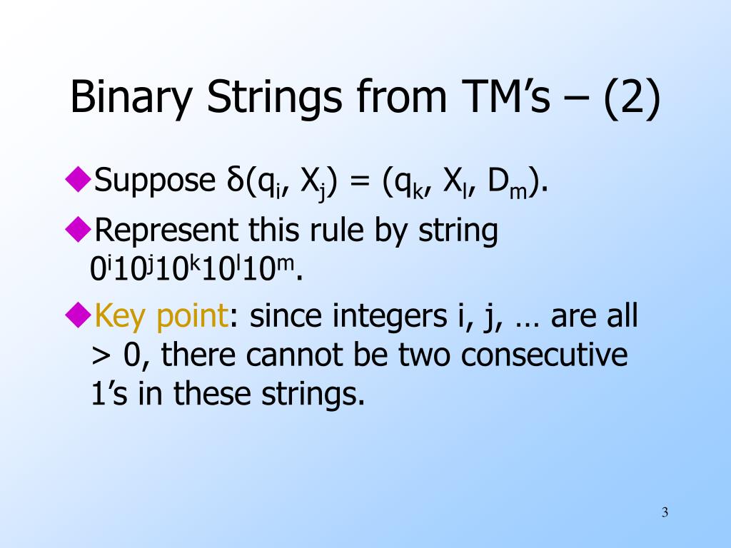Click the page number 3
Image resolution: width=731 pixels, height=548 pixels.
click(665, 512)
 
